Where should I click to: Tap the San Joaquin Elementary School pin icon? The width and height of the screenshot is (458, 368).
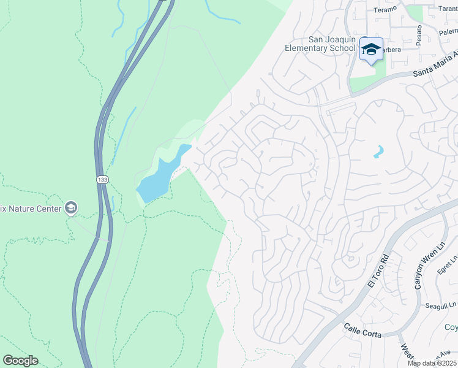coord(370,48)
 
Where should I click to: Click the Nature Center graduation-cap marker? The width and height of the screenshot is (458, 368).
coord(71,208)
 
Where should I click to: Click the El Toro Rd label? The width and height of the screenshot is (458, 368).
coord(377,272)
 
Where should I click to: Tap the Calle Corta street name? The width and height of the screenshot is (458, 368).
coord(362,331)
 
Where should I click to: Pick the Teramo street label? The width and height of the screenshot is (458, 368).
coord(385,9)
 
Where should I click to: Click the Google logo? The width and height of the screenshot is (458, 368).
coord(20,360)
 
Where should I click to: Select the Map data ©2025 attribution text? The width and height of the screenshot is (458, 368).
coord(432,363)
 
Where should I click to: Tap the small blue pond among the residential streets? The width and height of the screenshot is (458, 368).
coord(379,151)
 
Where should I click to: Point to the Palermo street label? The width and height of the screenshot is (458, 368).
coord(448,31)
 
